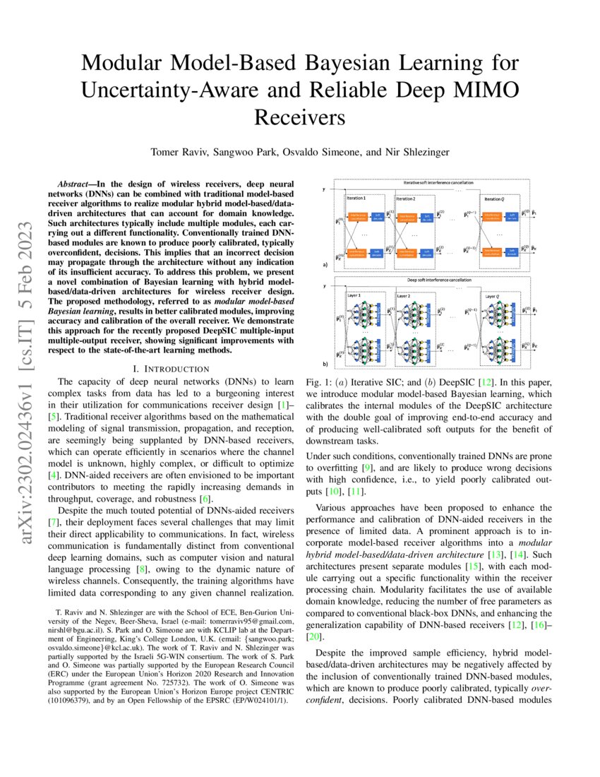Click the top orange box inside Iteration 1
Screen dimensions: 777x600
(357, 215)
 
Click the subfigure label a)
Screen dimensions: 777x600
(326, 266)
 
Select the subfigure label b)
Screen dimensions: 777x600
(326, 364)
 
